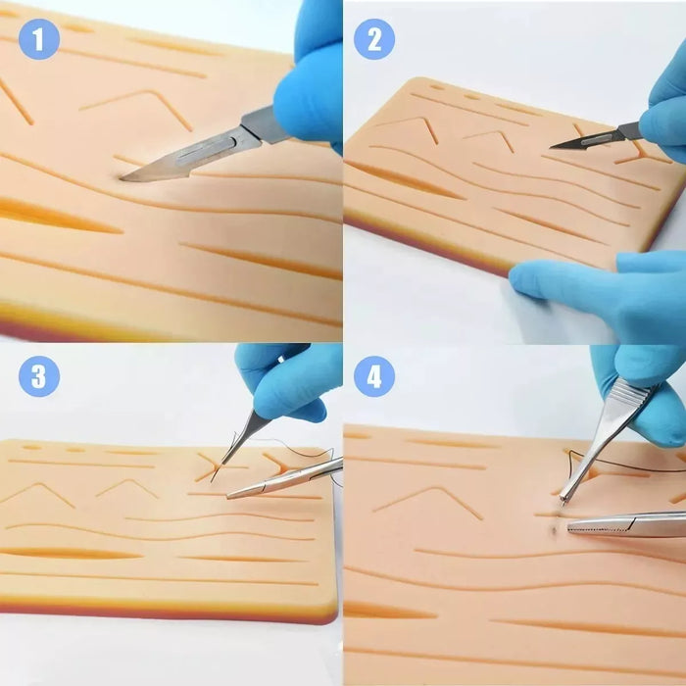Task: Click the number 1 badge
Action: [x=39, y=39]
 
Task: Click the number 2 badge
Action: [x=374, y=39]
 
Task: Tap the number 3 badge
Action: [x=39, y=375]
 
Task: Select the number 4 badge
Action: [x=374, y=375]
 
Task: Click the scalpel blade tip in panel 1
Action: [x=122, y=178]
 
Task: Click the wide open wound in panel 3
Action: [x=70, y=554]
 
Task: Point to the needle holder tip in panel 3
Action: [x=228, y=497]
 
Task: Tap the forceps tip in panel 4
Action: [x=563, y=503]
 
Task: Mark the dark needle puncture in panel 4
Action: [x=555, y=530]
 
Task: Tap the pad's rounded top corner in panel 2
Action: [x=414, y=82]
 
